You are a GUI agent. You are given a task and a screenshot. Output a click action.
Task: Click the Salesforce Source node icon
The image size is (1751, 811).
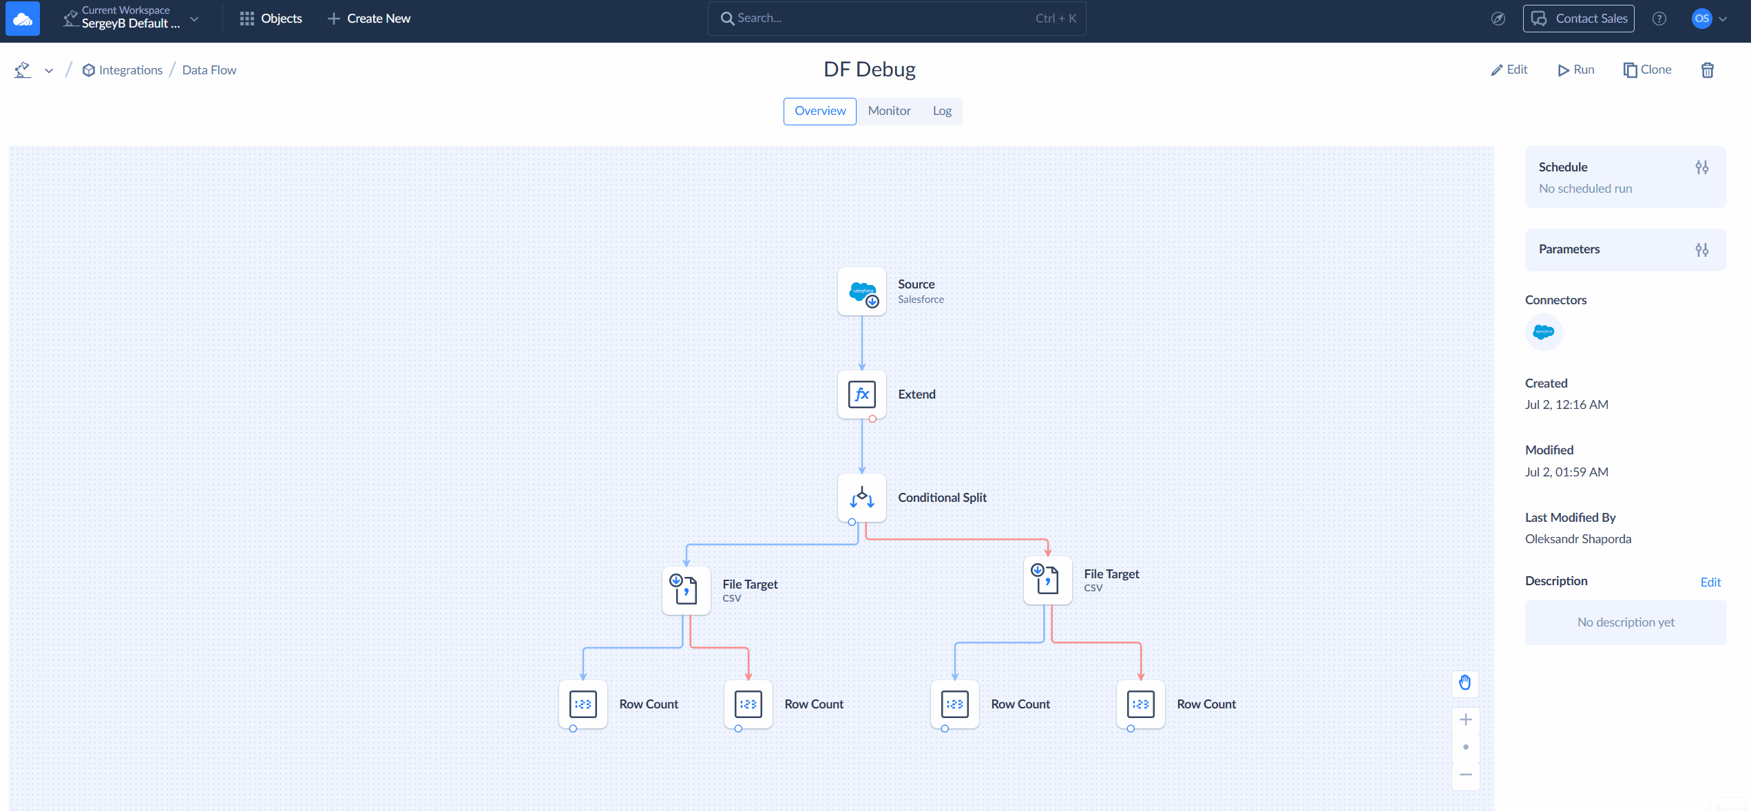pyautogui.click(x=862, y=292)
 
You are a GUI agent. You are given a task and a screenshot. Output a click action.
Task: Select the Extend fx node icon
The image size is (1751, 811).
pyautogui.click(x=862, y=394)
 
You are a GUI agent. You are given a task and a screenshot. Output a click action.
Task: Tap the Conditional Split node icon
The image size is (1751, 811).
pyautogui.click(x=862, y=498)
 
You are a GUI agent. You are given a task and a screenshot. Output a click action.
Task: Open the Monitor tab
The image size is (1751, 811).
pyautogui.click(x=889, y=111)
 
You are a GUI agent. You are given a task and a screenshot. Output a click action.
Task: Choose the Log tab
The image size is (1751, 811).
pyautogui.click(x=942, y=111)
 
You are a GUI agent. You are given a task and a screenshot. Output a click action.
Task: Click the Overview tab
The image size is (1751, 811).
pyautogui.click(x=820, y=111)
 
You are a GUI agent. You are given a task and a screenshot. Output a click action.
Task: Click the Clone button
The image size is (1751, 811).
pyautogui.click(x=1648, y=70)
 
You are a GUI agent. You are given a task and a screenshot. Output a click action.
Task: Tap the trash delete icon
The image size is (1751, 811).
pyautogui.click(x=1708, y=70)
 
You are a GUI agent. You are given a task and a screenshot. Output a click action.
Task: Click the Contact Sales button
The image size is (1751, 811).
pyautogui.click(x=1579, y=19)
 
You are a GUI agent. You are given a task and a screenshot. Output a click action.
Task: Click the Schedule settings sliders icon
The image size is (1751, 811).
pyautogui.click(x=1702, y=167)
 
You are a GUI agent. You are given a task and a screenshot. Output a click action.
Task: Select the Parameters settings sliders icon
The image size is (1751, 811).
pyautogui.click(x=1702, y=250)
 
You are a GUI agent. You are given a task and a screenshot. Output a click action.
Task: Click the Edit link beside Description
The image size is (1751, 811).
pyautogui.click(x=1710, y=582)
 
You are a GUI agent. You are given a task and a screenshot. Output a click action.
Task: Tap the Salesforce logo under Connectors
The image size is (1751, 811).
pyautogui.click(x=1544, y=333)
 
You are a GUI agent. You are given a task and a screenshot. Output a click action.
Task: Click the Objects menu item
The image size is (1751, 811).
pyautogui.click(x=271, y=19)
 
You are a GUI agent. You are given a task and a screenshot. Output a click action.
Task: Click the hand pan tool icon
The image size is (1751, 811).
pyautogui.click(x=1465, y=682)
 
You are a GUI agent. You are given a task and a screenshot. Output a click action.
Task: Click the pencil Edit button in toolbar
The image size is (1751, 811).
pyautogui.click(x=1509, y=70)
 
